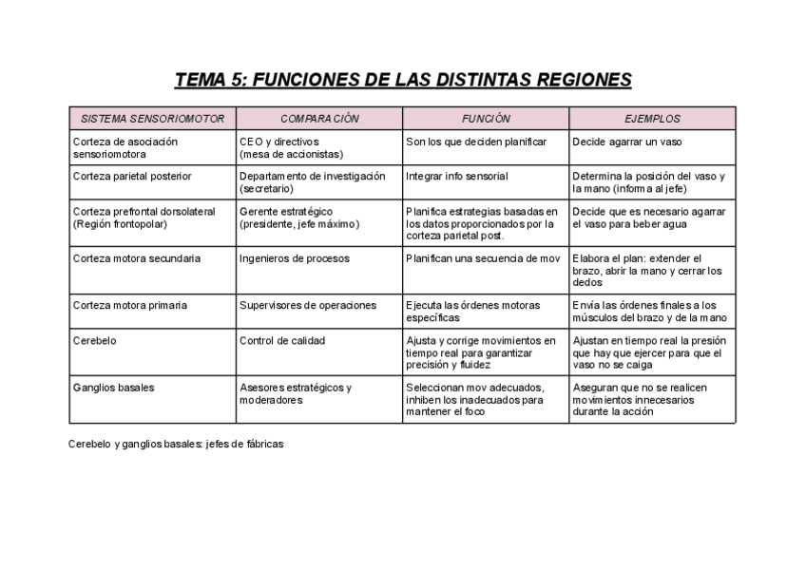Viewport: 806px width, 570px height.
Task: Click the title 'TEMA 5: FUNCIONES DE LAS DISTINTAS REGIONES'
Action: (403, 80)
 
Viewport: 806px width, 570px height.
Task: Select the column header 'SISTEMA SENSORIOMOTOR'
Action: (152, 119)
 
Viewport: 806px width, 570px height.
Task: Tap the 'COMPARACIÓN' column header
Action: (319, 119)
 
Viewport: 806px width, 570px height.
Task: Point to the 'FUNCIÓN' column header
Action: (486, 119)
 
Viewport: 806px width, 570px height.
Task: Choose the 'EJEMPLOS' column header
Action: (652, 119)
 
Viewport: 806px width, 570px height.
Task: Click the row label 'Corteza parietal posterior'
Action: (132, 176)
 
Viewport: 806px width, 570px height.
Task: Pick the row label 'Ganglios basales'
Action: (112, 388)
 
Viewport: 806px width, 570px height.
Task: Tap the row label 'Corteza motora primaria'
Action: (129, 306)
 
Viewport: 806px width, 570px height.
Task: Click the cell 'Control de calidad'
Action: (281, 340)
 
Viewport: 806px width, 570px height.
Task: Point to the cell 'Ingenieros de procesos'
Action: (294, 258)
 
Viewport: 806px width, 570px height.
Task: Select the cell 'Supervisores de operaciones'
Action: (307, 306)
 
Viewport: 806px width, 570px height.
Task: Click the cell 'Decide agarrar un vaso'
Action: (627, 142)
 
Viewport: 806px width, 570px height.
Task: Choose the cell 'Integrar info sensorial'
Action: (456, 176)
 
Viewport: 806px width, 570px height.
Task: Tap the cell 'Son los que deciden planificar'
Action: (475, 142)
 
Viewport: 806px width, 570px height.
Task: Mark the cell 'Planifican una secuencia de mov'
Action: (483, 258)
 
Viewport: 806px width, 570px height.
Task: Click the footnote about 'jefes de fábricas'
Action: (176, 444)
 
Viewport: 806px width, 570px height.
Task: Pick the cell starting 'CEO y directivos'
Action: (291, 147)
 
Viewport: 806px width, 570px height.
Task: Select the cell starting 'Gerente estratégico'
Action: (299, 218)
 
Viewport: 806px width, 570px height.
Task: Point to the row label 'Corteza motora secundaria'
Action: (136, 258)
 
